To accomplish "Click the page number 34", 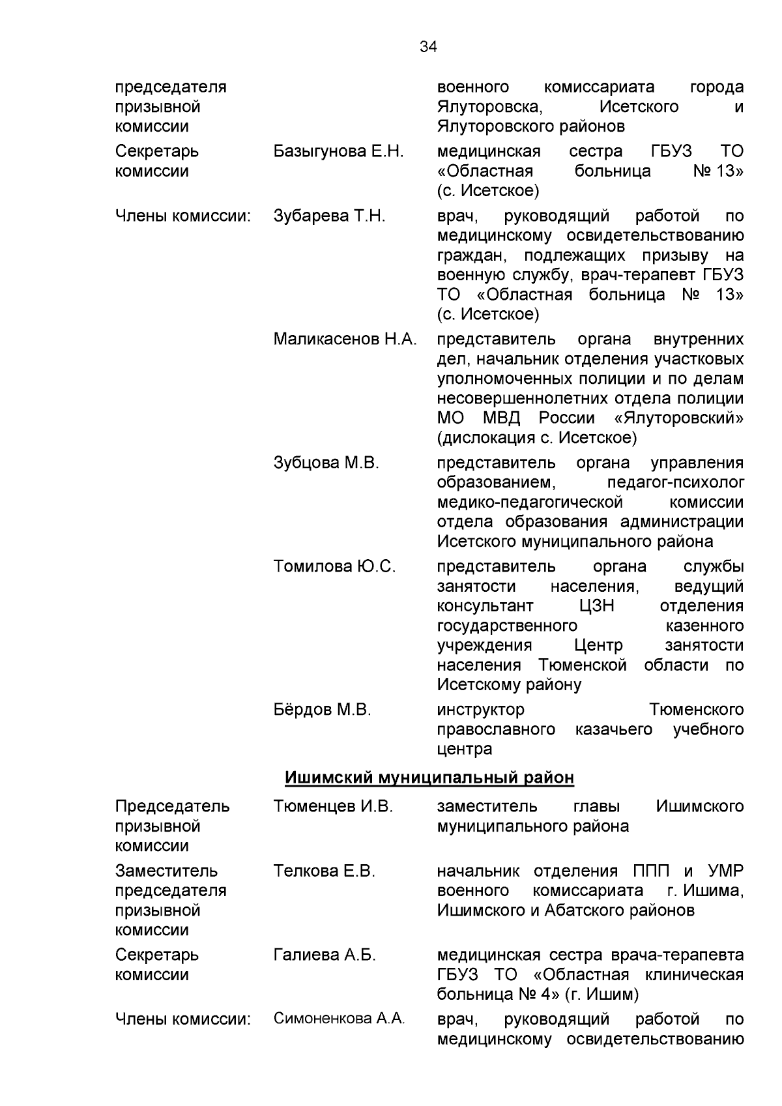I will click(x=428, y=47).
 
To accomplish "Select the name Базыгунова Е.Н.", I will click(x=338, y=152).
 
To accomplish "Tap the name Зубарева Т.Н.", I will click(x=329, y=216).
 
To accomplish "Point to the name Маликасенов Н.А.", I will click(x=345, y=340).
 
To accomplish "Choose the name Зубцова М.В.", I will click(x=326, y=463).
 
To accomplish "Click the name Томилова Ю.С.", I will click(x=334, y=567).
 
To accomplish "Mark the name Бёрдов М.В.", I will click(x=322, y=710).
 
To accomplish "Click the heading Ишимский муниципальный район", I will click(x=429, y=778).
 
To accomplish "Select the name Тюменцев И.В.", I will click(x=333, y=807).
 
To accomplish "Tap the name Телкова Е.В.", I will click(x=324, y=871).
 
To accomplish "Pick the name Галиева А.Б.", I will click(x=325, y=955).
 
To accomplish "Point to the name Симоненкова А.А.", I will click(x=339, y=1019).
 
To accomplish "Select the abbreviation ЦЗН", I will click(x=596, y=606).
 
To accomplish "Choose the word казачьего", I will click(x=613, y=729).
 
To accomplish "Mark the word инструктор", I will click(x=480, y=710).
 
